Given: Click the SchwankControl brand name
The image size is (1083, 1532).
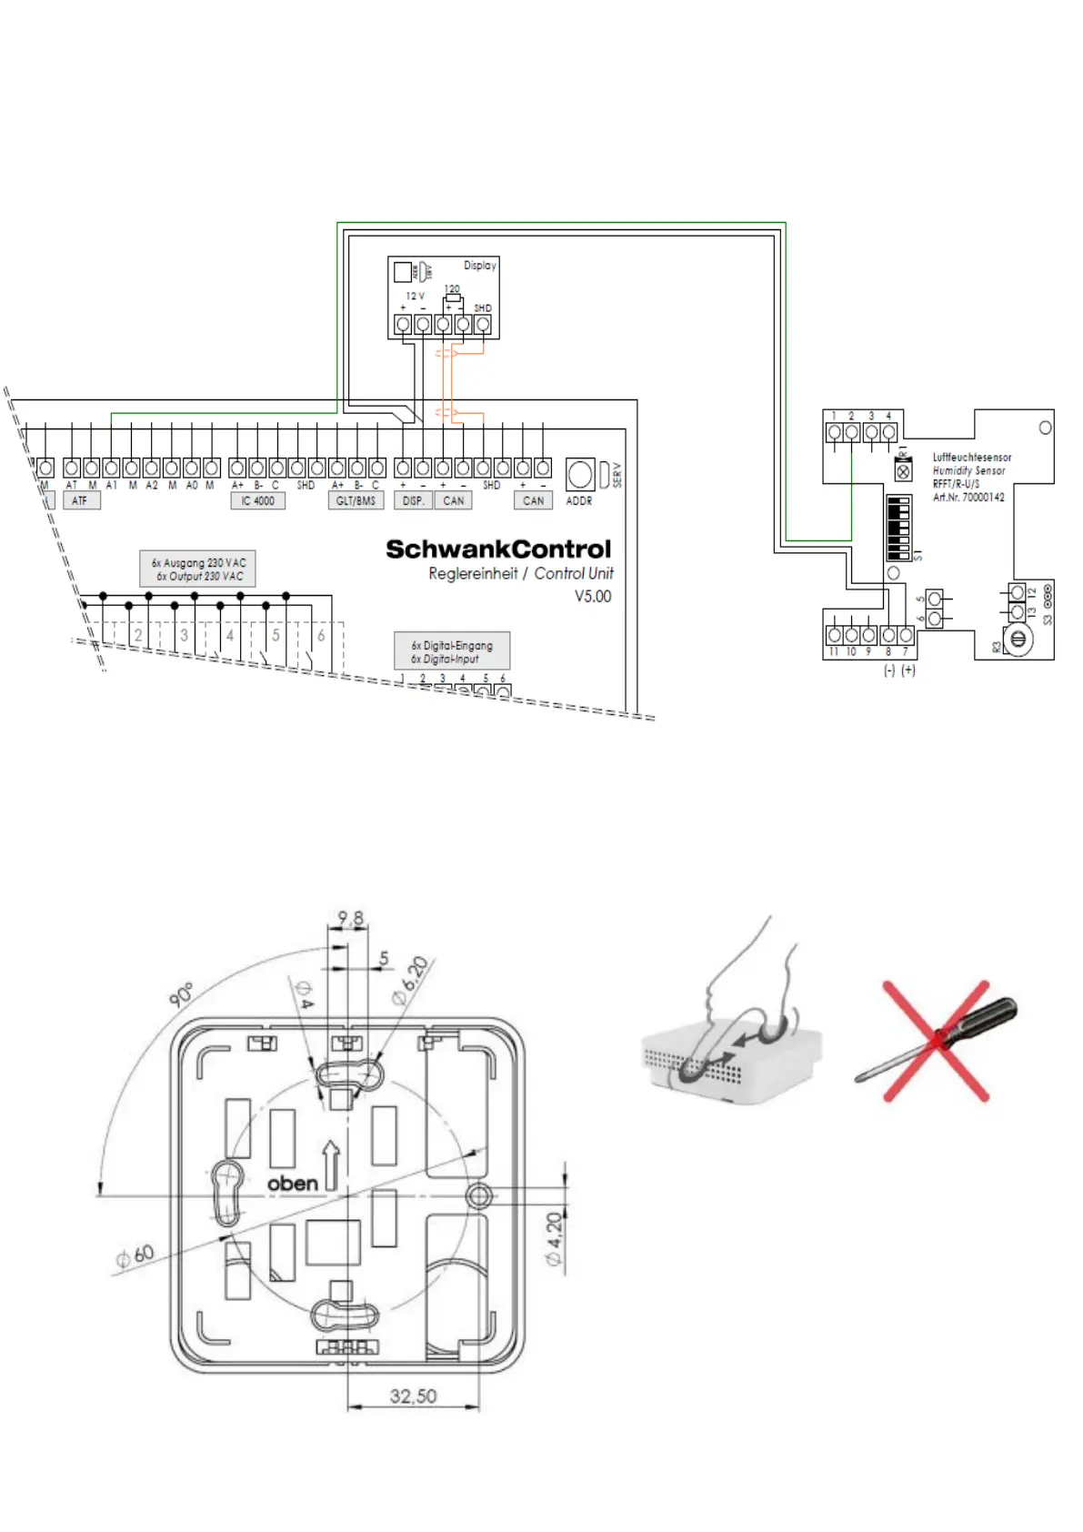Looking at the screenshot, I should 498,549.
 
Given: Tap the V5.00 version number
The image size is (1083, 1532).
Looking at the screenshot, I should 593,597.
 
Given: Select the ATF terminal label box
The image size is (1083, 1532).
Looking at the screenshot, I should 80,501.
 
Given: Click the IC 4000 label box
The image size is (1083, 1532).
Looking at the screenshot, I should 257,501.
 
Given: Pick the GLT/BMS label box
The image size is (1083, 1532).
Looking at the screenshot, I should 356,501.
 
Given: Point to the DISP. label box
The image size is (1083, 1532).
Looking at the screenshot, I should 414,501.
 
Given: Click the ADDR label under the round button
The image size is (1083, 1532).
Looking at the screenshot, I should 579,501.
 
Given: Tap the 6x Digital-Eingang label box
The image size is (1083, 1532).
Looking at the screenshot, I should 452,651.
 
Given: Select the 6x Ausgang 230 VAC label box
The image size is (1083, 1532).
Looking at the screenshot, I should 198,569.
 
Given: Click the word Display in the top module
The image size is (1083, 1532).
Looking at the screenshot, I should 480,266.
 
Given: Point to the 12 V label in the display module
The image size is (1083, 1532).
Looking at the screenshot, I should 415,297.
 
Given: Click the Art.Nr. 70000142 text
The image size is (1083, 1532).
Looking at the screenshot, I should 968,498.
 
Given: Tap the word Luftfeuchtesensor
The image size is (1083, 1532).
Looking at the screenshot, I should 972,458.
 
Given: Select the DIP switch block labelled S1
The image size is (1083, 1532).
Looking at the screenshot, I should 898,529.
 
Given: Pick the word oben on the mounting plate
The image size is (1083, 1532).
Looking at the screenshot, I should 293,1184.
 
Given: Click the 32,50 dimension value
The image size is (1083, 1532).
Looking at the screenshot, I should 413,1396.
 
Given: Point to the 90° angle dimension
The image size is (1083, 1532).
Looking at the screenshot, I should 181,994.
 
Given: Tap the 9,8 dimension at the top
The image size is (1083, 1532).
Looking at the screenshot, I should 350,919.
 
